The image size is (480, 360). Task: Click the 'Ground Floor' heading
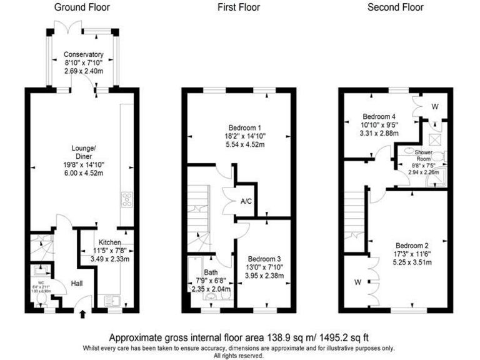click(x=82, y=7)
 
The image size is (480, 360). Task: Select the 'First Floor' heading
click(x=239, y=7)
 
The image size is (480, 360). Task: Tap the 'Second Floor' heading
click(x=395, y=7)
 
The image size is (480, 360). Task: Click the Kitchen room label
click(x=107, y=242)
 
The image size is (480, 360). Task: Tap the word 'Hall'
click(x=77, y=283)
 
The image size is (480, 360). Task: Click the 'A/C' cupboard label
click(x=246, y=202)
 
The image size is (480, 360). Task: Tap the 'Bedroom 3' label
click(x=264, y=259)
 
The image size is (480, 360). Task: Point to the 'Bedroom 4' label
click(x=379, y=116)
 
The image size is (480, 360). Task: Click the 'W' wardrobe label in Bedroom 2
click(x=358, y=282)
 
